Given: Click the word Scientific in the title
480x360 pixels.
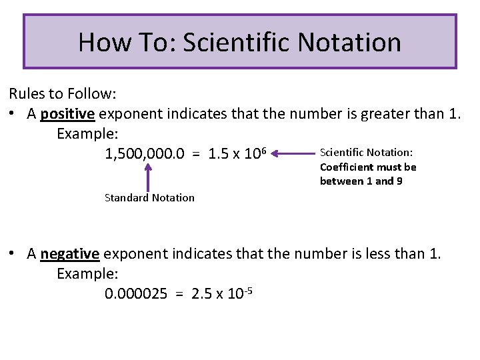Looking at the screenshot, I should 237,42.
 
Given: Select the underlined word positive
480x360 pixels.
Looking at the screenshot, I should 67,113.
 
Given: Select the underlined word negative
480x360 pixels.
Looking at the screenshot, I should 69,253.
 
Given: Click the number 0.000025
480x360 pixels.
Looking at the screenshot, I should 136,294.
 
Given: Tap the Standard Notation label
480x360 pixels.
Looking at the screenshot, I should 150,197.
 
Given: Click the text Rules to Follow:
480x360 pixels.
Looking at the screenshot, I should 53,93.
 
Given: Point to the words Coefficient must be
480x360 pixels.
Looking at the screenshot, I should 368,167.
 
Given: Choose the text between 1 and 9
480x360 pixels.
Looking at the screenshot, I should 361,181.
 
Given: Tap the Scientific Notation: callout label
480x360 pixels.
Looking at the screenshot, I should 366,153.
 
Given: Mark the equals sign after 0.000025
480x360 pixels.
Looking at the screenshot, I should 179,294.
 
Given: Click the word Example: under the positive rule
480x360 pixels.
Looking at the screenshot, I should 87,133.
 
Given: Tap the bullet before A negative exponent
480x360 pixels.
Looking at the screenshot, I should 13,254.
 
